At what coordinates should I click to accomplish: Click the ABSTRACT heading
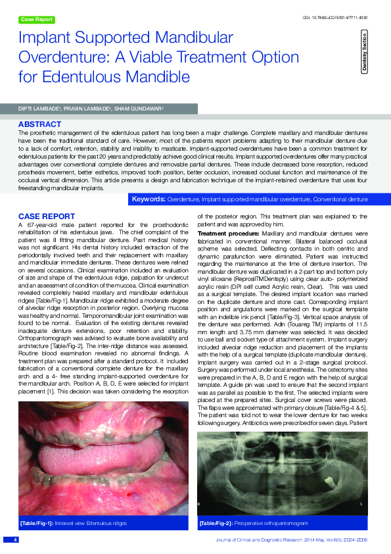tap(40, 124)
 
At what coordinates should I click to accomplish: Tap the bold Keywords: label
tap(149, 198)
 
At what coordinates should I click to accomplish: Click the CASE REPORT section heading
tap(46, 216)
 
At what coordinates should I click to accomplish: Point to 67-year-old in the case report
tap(43, 226)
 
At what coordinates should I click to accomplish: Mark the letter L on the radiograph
tap(361, 503)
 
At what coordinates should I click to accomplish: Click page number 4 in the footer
tap(14, 539)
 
